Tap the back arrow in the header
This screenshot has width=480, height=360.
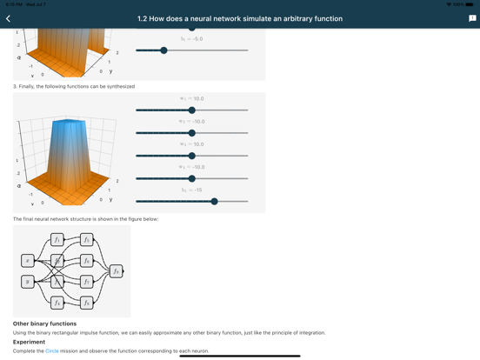[x=9, y=18]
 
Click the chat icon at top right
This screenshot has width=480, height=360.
[x=472, y=18]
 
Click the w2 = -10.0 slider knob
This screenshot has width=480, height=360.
[x=192, y=133]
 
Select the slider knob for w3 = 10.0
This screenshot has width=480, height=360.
[x=192, y=156]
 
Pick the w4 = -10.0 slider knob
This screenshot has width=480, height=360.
[x=192, y=178]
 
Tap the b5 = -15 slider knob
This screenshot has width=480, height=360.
[x=214, y=201]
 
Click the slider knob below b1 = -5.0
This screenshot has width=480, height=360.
[x=163, y=50]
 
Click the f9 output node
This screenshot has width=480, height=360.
[x=116, y=271]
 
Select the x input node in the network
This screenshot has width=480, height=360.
[x=28, y=260]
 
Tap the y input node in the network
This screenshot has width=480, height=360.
[x=28, y=282]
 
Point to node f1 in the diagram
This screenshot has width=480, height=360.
[x=57, y=239]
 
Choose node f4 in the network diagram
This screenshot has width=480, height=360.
[x=57, y=303]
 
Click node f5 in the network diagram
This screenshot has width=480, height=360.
[x=87, y=239]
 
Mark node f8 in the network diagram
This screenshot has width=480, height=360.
[x=87, y=303]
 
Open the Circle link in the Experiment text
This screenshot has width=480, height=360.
[x=52, y=351]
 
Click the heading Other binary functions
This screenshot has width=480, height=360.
[x=44, y=323]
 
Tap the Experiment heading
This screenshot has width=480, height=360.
[x=29, y=342]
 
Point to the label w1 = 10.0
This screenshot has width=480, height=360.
[x=191, y=99]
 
